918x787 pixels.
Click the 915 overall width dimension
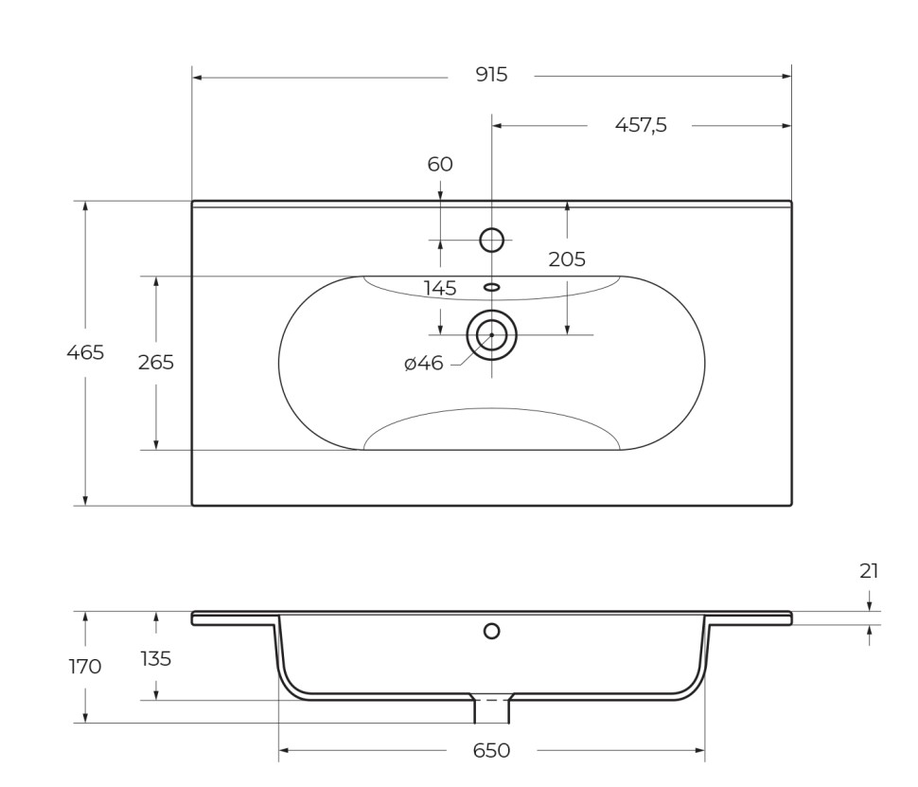[491, 75]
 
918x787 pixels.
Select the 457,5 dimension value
[641, 125]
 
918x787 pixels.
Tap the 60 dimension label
[440, 164]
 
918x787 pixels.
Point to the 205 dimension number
[567, 259]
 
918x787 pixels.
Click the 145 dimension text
[440, 288]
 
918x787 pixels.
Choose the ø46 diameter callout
[423, 363]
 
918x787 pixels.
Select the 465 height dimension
[85, 352]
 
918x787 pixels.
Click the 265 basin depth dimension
[156, 362]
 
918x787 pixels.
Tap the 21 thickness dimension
[869, 570]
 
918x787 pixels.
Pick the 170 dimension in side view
[85, 667]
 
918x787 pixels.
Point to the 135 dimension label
[156, 658]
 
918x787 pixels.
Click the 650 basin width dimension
[491, 751]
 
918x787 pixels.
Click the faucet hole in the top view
[491, 241]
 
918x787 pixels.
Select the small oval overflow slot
[491, 286]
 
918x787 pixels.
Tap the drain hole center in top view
[491, 334]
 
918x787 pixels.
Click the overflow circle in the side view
[491, 631]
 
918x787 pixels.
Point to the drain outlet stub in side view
[491, 709]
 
